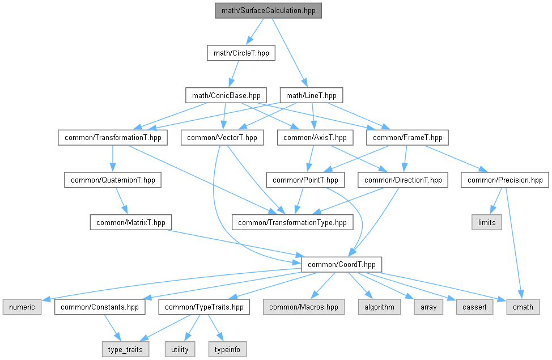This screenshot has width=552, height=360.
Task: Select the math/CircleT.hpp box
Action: coord(241,53)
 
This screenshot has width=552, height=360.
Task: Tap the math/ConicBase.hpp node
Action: coord(226,95)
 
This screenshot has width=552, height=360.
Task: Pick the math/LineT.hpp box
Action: coord(312,95)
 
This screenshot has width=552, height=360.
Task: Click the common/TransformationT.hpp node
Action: coord(112,137)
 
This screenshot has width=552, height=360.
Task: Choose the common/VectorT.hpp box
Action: coord(222,137)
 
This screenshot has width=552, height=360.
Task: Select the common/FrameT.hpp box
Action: coord(407,137)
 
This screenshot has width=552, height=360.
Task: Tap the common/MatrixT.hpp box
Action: coord(130,222)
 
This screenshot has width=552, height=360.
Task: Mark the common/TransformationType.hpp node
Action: coord(292,222)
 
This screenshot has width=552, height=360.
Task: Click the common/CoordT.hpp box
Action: coord(341,264)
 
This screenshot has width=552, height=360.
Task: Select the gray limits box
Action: coord(486,222)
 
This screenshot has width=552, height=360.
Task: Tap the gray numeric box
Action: coord(22,307)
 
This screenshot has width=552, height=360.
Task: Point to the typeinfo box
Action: coord(228,349)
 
